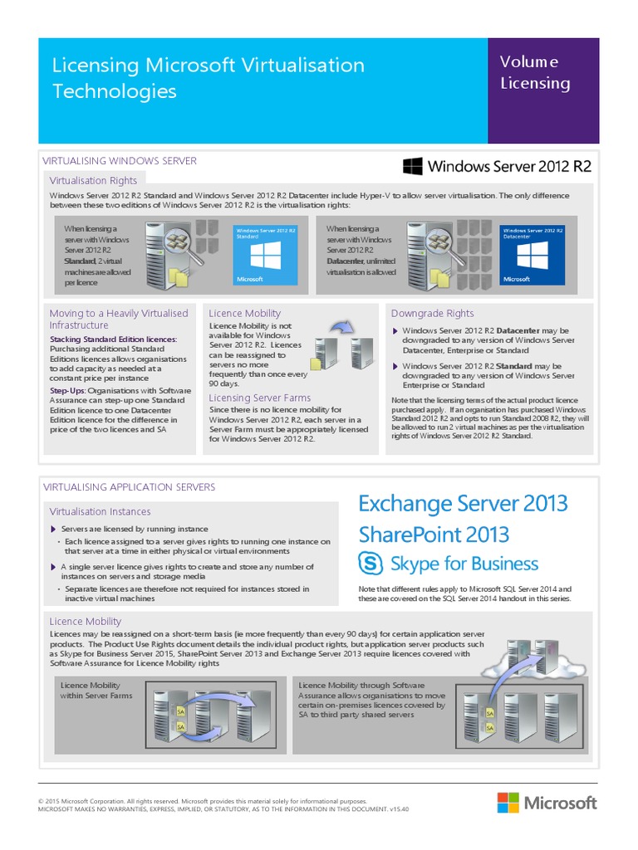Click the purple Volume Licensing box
point(542,90)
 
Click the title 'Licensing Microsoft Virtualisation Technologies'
point(209,77)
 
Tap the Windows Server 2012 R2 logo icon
point(412,166)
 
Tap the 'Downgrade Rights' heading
point(432,313)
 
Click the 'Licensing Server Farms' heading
point(260,398)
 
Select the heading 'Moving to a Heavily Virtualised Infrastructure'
point(119,319)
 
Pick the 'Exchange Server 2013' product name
point(463,504)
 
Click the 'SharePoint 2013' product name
point(434,534)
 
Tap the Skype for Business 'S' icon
point(371,564)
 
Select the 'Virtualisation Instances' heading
point(100,511)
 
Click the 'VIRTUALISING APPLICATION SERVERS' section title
point(129,487)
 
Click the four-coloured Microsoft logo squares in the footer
point(508,803)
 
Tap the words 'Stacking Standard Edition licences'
point(113,340)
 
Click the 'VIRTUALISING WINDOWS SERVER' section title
point(119,160)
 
